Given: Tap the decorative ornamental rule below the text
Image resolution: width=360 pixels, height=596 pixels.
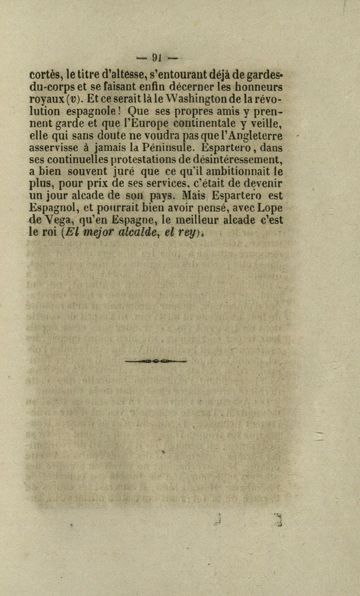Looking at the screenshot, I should (x=156, y=360).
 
